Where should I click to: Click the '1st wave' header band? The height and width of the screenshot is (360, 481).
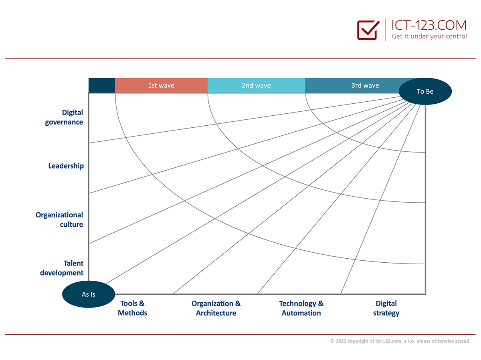[x=161, y=85]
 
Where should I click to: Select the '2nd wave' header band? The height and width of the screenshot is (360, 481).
[x=257, y=85]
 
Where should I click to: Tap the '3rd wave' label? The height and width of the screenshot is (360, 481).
[x=365, y=85]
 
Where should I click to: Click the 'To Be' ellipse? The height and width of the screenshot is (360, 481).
[x=425, y=91]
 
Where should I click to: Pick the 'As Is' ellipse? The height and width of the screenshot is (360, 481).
[x=89, y=294]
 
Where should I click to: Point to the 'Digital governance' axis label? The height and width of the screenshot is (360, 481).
[x=64, y=117]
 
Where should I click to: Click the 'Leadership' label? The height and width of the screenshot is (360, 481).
[x=66, y=166]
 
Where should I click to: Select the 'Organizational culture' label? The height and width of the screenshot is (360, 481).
[x=59, y=220]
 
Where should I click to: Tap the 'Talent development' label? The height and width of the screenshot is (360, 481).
[x=62, y=268]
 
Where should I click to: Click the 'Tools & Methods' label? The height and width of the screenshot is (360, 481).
[x=133, y=308]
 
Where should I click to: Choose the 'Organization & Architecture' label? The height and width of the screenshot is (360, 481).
[x=216, y=308]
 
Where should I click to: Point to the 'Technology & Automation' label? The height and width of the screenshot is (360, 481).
[x=301, y=308]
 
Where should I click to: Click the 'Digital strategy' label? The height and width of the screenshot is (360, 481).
[x=386, y=308]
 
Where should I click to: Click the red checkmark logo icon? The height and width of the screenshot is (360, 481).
[x=368, y=30]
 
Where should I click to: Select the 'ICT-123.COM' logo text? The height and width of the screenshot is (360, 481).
[x=429, y=25]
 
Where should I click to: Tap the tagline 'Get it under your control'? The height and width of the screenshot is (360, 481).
[x=429, y=36]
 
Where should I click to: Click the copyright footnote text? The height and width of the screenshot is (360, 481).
[x=400, y=341]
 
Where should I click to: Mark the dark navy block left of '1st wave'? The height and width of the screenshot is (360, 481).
[x=102, y=85]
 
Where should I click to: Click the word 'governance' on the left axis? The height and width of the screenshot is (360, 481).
[x=64, y=122]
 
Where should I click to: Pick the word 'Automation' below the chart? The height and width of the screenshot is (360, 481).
[x=301, y=313]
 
